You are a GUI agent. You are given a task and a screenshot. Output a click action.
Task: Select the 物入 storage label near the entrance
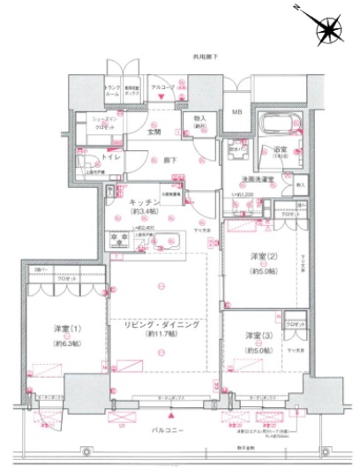199,118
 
